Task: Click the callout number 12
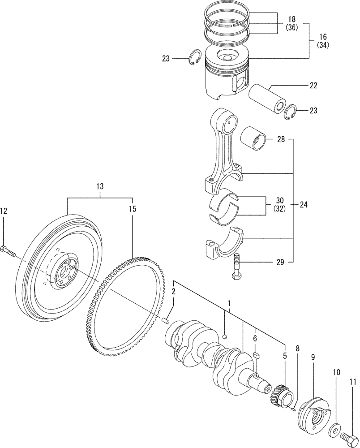[x=4, y=211]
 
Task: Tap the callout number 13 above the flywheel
[x=99, y=186]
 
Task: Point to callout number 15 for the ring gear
[x=132, y=209]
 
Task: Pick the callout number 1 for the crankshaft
[x=229, y=303]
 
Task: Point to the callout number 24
[x=304, y=205]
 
